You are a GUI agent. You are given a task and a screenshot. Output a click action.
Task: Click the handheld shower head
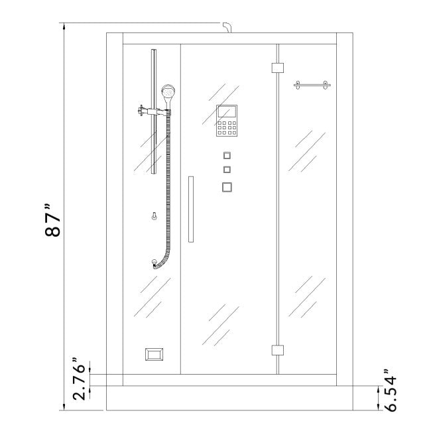click(x=168, y=93)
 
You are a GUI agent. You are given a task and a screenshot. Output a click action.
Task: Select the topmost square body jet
click(x=227, y=156)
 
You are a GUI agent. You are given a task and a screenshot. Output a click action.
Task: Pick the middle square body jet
click(x=227, y=170)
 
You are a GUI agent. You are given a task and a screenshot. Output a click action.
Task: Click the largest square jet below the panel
click(x=227, y=187)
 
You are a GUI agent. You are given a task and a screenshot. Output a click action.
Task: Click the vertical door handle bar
click(x=191, y=209)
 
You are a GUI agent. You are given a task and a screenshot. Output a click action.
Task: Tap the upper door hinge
click(x=277, y=67)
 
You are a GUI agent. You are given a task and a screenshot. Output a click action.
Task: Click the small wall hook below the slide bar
click(x=154, y=216)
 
